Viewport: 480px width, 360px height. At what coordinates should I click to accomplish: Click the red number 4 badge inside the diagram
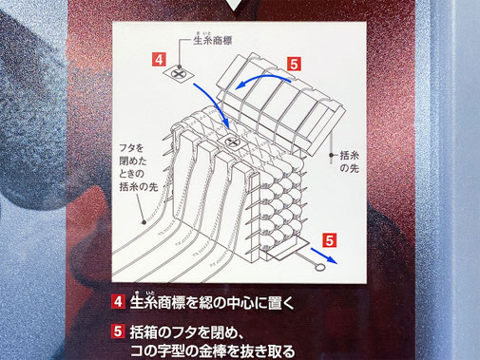tap(159, 59)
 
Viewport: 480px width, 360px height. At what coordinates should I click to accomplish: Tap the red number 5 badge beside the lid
tap(294, 64)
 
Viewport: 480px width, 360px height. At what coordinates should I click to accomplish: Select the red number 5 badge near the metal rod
tap(329, 240)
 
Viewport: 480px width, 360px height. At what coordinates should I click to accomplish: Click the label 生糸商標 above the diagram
tap(213, 40)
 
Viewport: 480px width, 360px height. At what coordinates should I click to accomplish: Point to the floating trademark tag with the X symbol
tap(178, 74)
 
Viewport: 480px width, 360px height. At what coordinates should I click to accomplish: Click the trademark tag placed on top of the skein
tap(233, 142)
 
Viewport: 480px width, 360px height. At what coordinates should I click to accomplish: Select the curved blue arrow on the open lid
tap(263, 80)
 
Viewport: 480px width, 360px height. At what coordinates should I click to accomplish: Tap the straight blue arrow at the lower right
tap(324, 256)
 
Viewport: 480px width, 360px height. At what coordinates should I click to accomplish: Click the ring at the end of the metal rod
tap(320, 268)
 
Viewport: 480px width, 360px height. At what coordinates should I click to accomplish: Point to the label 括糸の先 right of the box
tap(350, 161)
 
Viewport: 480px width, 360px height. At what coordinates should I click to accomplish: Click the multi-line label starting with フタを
tap(139, 167)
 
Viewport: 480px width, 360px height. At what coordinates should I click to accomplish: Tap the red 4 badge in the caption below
tap(118, 301)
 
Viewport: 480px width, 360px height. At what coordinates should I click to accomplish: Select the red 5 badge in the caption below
tap(118, 332)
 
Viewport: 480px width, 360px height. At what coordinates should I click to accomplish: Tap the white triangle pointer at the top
tap(234, 5)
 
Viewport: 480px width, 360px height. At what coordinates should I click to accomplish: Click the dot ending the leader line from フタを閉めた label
tap(144, 222)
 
